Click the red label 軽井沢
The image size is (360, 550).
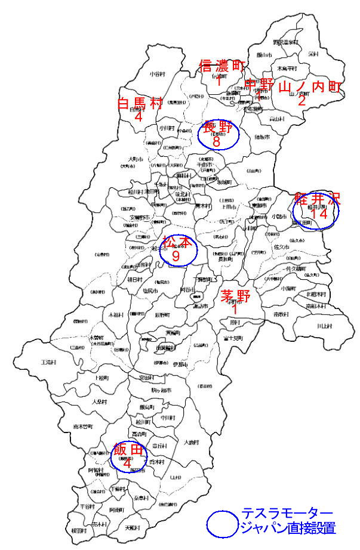(x=316, y=199)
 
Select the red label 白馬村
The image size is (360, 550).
(x=140, y=103)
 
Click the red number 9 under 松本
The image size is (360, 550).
(x=176, y=255)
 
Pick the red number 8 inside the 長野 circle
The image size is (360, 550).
(x=216, y=142)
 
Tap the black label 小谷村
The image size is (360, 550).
(x=156, y=74)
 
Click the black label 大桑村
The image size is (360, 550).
(x=100, y=401)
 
